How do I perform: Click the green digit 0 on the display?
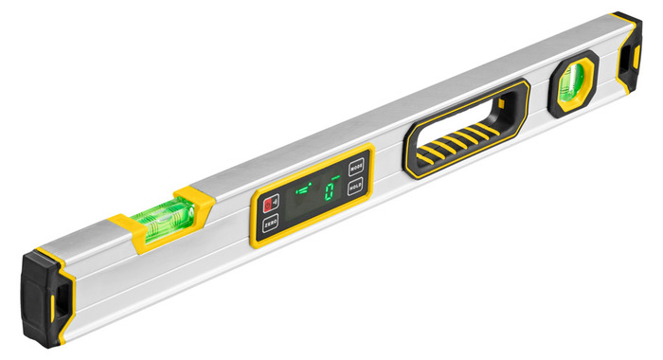(x=329, y=192)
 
